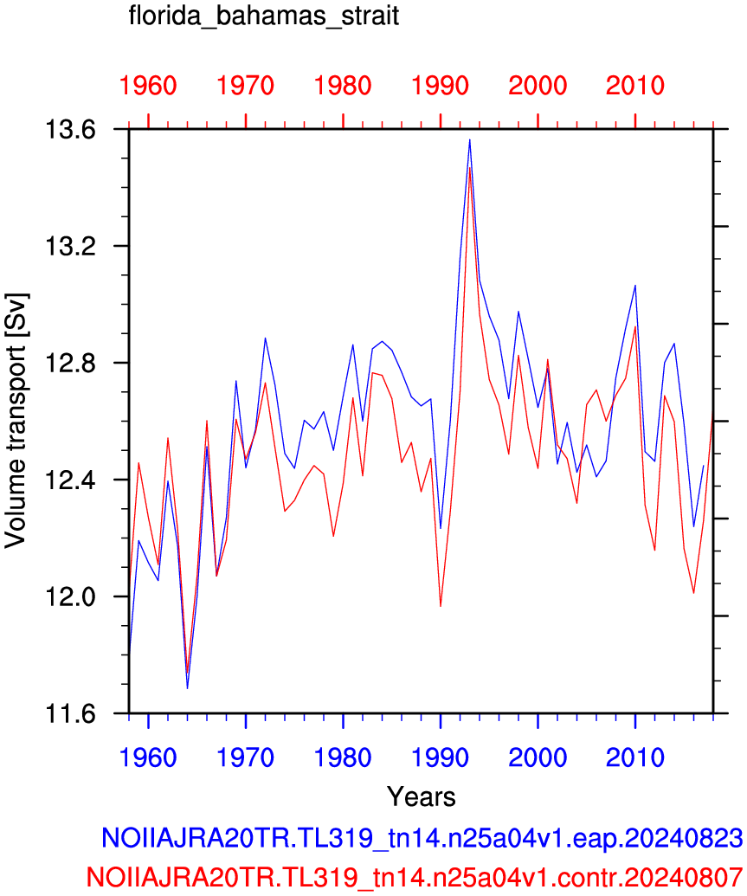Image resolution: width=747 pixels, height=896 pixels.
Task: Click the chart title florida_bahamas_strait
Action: [263, 16]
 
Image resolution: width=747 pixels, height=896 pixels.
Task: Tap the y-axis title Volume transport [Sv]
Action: [16, 421]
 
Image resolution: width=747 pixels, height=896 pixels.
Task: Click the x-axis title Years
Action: [422, 796]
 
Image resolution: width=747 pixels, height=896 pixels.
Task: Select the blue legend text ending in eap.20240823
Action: [422, 838]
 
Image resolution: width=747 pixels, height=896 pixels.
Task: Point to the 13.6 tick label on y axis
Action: [70, 130]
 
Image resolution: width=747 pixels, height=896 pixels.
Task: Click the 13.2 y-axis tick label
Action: [70, 246]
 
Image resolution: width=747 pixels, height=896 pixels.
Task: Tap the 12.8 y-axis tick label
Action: [70, 364]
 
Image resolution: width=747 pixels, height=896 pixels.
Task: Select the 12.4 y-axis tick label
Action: [70, 480]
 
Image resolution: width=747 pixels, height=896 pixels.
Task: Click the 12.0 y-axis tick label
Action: [70, 597]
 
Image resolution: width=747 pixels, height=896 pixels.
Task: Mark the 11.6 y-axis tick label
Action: [70, 713]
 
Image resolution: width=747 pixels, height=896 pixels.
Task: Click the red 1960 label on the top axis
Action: [148, 86]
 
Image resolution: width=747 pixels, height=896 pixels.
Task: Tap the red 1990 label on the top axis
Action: [440, 86]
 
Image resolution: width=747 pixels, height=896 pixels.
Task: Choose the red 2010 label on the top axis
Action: [635, 86]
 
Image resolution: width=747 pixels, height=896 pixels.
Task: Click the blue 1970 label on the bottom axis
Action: [245, 757]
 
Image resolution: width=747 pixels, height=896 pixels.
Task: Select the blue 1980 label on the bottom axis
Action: [343, 757]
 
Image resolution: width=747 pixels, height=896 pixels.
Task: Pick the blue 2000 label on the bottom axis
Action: [538, 757]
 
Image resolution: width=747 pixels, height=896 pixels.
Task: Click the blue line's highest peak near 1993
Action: [470, 139]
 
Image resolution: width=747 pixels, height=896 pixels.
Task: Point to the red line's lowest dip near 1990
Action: [441, 606]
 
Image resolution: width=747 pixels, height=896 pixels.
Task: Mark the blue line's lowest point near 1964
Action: [187, 688]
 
